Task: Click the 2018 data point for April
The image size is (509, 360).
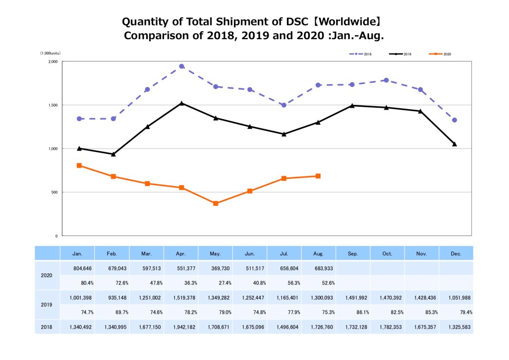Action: pyautogui.click(x=182, y=66)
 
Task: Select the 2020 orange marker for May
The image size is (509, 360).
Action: pyautogui.click(x=216, y=203)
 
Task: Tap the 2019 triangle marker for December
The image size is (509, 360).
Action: pyautogui.click(x=455, y=144)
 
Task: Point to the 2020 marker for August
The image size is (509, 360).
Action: pyautogui.click(x=318, y=176)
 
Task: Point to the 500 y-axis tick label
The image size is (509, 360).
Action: pyautogui.click(x=54, y=192)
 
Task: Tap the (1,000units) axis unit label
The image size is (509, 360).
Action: pyautogui.click(x=51, y=53)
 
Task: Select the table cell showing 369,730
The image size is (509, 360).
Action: pyautogui.click(x=215, y=268)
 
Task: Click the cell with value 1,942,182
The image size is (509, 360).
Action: pyautogui.click(x=181, y=326)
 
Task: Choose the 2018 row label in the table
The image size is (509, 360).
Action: pyautogui.click(x=47, y=326)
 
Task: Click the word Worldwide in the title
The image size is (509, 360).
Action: pyautogui.click(x=350, y=22)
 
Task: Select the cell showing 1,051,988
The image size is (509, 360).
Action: pyautogui.click(x=456, y=297)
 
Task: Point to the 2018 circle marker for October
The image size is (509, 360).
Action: pyautogui.click(x=386, y=80)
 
